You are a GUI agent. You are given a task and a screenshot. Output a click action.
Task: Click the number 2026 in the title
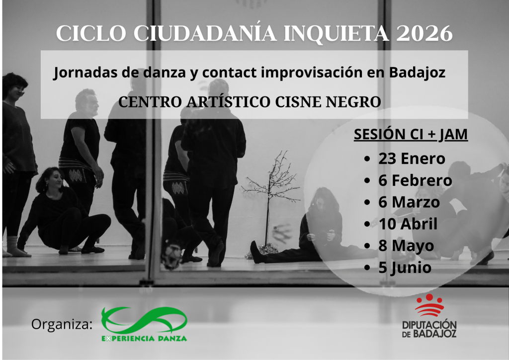click(x=424, y=33)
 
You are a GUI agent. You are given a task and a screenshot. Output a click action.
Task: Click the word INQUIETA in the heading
click(x=337, y=33)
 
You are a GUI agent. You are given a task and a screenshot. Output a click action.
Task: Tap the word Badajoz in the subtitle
click(x=417, y=73)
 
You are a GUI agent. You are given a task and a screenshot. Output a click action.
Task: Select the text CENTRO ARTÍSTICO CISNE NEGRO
click(x=250, y=101)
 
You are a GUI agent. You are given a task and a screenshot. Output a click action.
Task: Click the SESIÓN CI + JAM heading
click(x=411, y=134)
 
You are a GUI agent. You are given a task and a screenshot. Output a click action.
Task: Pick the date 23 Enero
click(x=412, y=159)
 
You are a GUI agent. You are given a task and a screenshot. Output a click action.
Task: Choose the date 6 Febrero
click(x=415, y=180)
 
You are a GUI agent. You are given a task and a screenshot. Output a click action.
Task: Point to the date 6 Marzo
click(x=409, y=202)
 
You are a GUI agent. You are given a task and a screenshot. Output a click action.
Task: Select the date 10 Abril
click(x=408, y=224)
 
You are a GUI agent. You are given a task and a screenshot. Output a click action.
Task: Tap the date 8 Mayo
click(x=406, y=246)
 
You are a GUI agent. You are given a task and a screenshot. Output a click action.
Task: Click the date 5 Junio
click(x=405, y=268)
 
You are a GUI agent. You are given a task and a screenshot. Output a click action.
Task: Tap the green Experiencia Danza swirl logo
click(x=144, y=320)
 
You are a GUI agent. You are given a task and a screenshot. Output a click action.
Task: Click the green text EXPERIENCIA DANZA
click(x=144, y=339)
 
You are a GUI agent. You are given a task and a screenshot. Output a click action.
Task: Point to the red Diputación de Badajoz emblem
click(x=429, y=305)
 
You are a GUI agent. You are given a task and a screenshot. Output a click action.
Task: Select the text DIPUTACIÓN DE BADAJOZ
click(x=429, y=329)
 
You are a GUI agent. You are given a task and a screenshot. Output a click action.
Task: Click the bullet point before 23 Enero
click(x=367, y=159)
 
